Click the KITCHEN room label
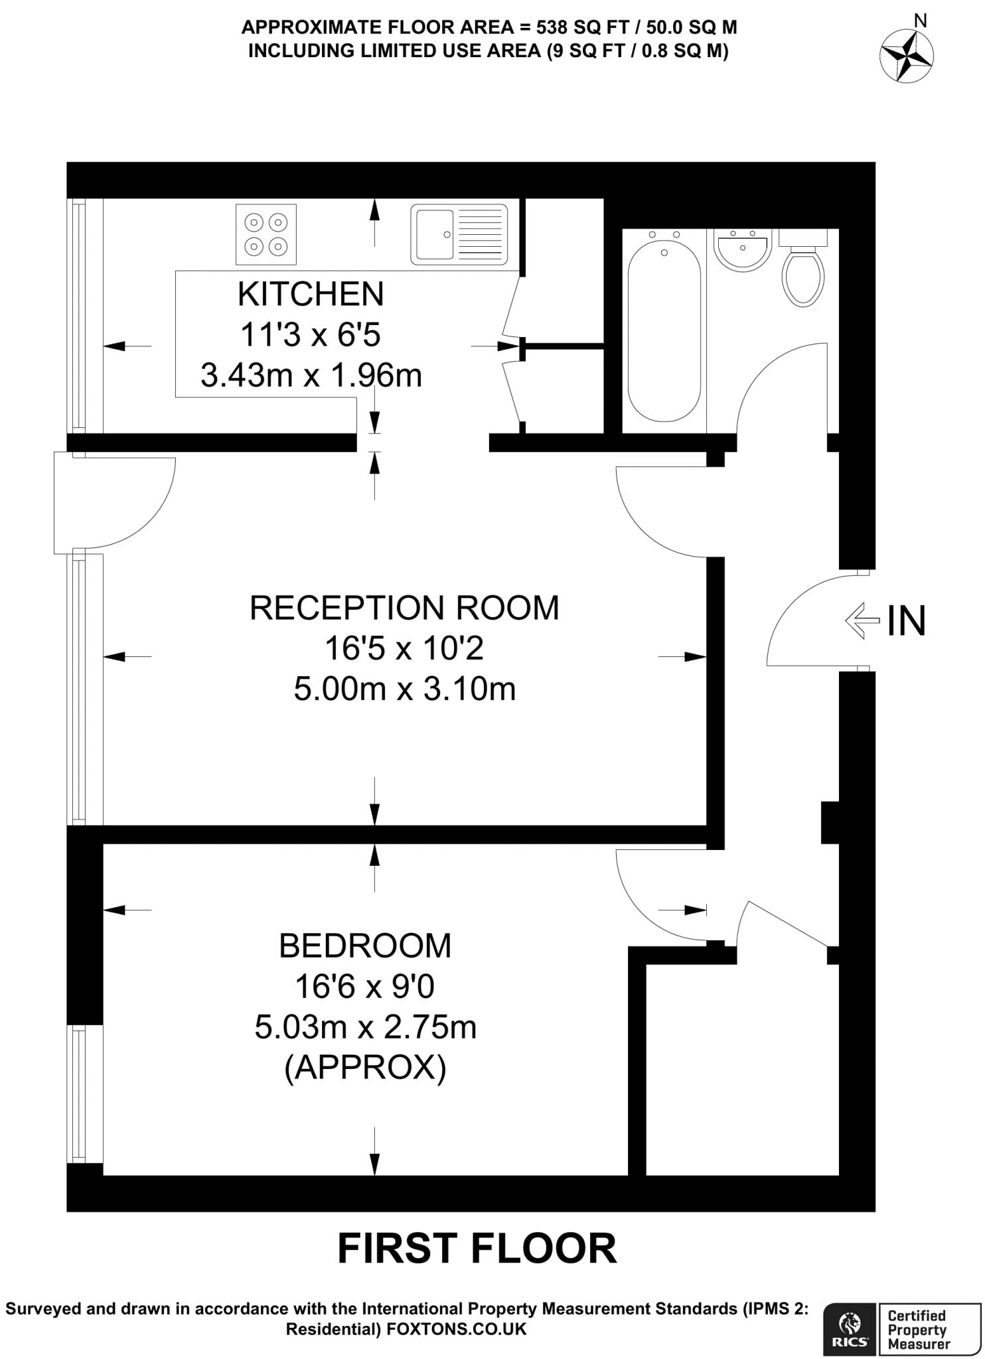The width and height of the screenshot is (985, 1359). point(311,294)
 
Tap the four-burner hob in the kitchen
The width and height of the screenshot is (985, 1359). point(265,234)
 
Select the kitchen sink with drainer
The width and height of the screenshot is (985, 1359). point(459,234)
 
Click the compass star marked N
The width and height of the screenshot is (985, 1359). point(906,56)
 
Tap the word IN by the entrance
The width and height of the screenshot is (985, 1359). point(906,622)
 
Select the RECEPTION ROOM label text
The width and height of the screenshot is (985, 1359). point(404,608)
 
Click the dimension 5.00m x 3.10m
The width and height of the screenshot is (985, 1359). point(404,689)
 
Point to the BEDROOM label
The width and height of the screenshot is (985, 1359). point(365,946)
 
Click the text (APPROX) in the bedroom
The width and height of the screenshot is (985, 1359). point(365,1068)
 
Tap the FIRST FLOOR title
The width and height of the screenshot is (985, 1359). point(477,1250)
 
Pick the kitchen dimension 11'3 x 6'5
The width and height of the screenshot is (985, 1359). point(311,335)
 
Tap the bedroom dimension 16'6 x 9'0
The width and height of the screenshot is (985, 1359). point(365,987)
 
